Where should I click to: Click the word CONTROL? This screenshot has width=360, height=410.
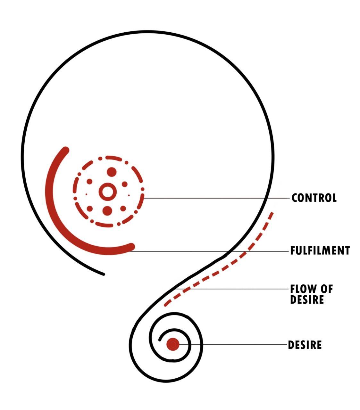314,198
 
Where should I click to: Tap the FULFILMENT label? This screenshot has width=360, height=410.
320,250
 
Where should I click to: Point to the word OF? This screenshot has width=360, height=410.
327,289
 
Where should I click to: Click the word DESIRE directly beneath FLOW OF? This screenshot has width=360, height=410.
307,300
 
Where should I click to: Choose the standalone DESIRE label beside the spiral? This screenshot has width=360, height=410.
305,345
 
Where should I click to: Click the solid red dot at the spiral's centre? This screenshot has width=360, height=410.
173,345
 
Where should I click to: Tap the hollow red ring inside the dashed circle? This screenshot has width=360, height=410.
106,192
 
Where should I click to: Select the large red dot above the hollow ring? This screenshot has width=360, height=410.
111,172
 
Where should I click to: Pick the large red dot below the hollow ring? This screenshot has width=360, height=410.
107,211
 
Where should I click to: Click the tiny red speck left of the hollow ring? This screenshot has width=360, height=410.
86,194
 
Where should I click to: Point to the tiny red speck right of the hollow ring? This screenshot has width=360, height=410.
129,195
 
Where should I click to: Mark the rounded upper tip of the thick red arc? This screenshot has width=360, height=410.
66,150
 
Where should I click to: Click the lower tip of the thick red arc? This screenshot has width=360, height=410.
131,246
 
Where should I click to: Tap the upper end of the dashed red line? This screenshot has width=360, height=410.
272,213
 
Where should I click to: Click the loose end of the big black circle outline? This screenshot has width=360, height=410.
103,274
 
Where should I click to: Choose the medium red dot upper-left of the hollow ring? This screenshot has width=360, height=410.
90,182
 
